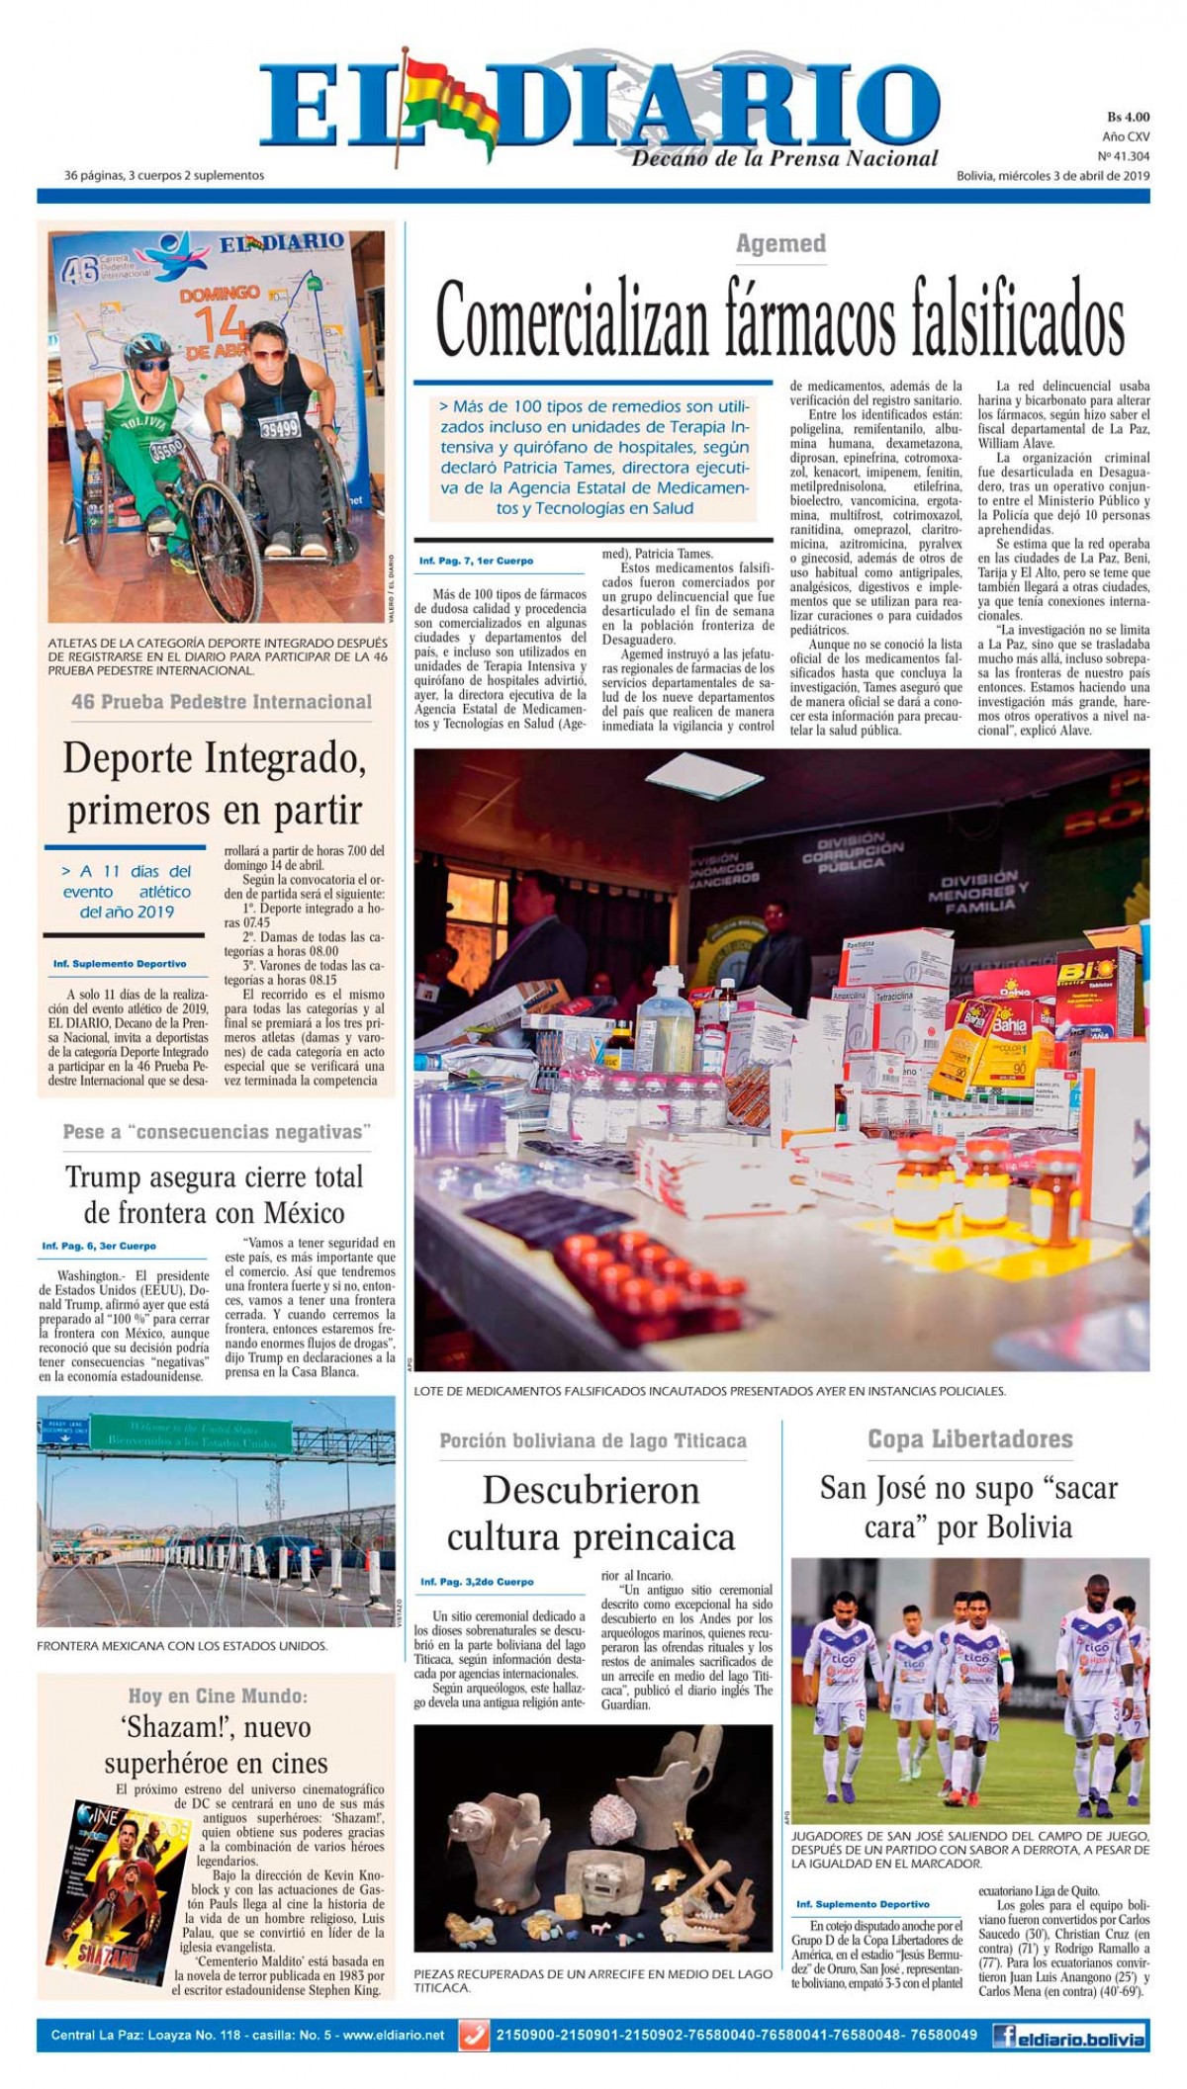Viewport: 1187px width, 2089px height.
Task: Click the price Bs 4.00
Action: [x=1128, y=118]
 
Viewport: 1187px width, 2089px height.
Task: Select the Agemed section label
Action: [x=780, y=243]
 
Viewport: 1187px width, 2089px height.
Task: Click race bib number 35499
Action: [x=280, y=428]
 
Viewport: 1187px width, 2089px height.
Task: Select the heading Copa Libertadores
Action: [x=969, y=1438]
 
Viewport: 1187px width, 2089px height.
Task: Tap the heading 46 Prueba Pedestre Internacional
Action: [x=222, y=702]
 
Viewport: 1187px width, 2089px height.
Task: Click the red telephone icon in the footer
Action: [x=475, y=2035]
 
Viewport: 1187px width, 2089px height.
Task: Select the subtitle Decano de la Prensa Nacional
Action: [x=784, y=158]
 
